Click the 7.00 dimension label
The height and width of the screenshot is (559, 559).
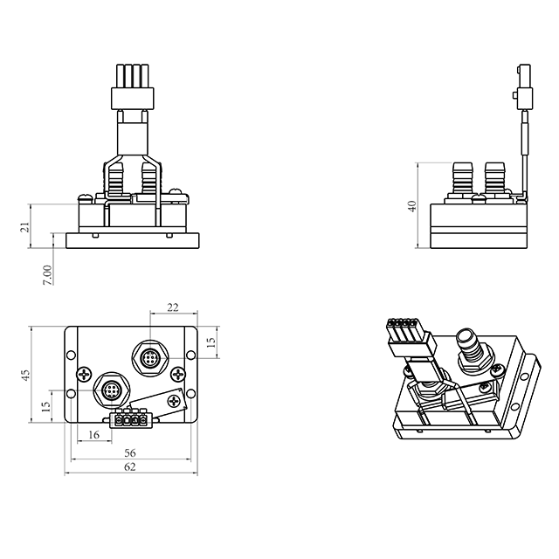click(47, 274)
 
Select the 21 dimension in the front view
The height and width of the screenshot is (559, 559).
click(24, 227)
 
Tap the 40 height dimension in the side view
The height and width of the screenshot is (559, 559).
click(411, 206)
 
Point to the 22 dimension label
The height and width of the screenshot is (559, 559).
click(173, 307)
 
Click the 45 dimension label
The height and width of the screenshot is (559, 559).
click(25, 375)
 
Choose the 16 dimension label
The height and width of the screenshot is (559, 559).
click(93, 435)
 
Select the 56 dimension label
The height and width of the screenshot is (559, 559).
click(130, 452)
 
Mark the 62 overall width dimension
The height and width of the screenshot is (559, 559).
click(130, 466)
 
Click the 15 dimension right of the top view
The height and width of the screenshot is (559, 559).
click(211, 342)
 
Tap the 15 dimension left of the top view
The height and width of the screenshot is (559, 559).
click(46, 407)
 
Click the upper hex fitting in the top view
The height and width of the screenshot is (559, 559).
click(149, 357)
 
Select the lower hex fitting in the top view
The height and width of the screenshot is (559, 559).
click(112, 390)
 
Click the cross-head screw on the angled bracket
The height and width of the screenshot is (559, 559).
click(175, 401)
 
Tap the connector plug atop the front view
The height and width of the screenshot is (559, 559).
click(133, 86)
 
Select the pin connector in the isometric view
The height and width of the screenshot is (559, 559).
click(411, 337)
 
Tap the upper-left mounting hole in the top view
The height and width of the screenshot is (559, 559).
click(71, 355)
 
